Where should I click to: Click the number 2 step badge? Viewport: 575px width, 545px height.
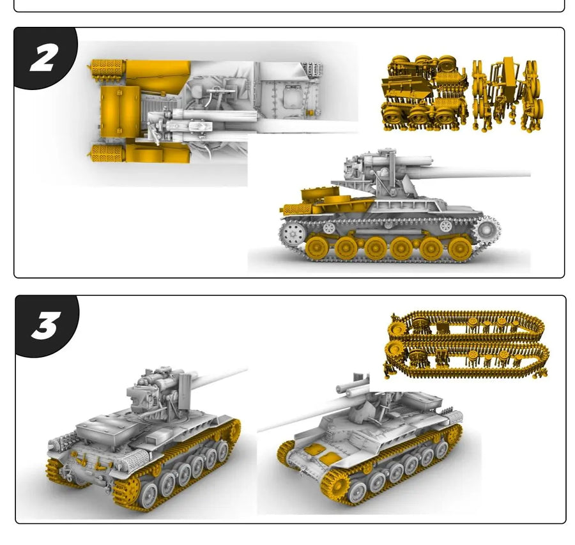[43, 59]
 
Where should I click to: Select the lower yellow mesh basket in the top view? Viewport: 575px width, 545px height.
[106, 153]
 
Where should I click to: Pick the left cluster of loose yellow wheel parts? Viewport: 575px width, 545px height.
[424, 94]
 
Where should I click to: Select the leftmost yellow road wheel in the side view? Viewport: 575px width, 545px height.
[317, 248]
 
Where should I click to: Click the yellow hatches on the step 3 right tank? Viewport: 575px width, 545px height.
[321, 454]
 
